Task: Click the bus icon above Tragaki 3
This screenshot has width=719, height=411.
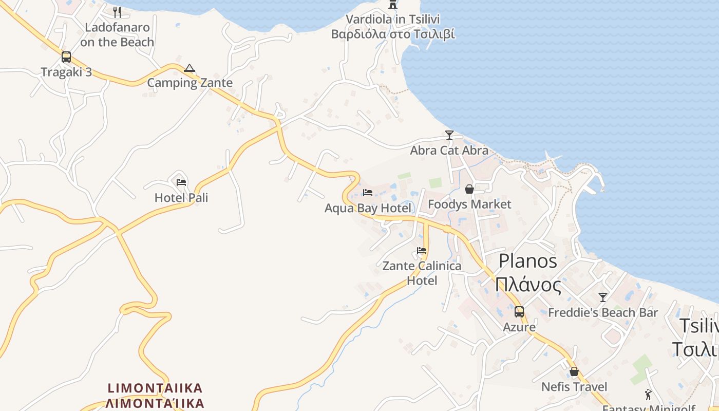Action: pos(66,57)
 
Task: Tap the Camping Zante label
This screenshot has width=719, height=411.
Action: pos(190,83)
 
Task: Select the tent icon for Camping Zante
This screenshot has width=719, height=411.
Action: pos(190,68)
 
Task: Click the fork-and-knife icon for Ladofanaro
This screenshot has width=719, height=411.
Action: pos(117,12)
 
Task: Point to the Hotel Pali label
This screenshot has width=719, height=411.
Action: pos(181,198)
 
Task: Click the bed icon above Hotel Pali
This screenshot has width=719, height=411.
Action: pos(181,182)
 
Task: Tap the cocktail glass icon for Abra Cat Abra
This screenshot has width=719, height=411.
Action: pos(449,135)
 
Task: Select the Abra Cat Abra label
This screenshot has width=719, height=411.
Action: pos(449,151)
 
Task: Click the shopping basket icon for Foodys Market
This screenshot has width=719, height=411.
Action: pos(469,189)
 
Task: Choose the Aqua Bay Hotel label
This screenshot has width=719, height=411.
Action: pos(368,208)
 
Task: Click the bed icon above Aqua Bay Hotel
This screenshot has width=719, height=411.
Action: pos(368,193)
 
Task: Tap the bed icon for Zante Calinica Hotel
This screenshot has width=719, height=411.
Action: pos(422,251)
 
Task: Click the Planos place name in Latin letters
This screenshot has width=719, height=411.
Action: pos(528,261)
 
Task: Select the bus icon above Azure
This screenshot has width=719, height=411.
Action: pos(519,312)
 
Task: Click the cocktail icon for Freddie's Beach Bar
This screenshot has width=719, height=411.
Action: pos(603,297)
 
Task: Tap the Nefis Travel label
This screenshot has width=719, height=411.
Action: pos(574,387)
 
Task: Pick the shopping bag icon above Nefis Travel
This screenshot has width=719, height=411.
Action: pos(574,371)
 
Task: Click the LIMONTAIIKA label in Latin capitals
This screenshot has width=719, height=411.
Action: pos(155,388)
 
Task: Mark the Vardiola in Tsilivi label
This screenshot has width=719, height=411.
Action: pos(393,20)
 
